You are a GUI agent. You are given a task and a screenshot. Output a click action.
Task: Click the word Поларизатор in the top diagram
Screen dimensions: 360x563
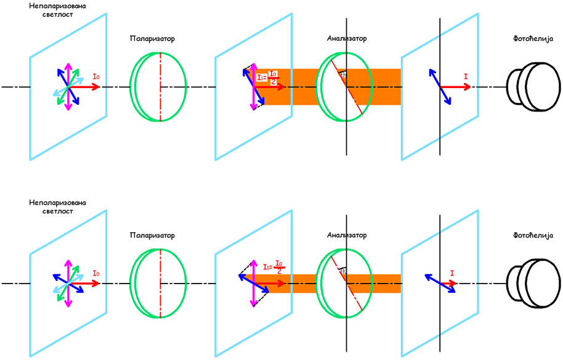152,38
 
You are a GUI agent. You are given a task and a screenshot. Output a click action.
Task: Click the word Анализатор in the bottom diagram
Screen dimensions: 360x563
347,235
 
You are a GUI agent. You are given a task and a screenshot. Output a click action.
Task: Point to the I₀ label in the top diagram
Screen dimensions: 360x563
96,76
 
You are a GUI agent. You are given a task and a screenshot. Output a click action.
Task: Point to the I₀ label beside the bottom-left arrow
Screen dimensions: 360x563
96,273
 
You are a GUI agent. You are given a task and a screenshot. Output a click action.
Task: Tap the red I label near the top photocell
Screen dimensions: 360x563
466,76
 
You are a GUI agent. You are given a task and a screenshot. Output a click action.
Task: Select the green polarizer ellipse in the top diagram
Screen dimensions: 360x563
158,87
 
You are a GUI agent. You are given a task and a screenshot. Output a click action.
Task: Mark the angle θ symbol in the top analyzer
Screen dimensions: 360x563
343,75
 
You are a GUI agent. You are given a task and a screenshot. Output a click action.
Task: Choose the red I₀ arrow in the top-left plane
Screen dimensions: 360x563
86,87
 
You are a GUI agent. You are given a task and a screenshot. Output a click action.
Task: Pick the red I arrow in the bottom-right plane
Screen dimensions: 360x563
448,284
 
